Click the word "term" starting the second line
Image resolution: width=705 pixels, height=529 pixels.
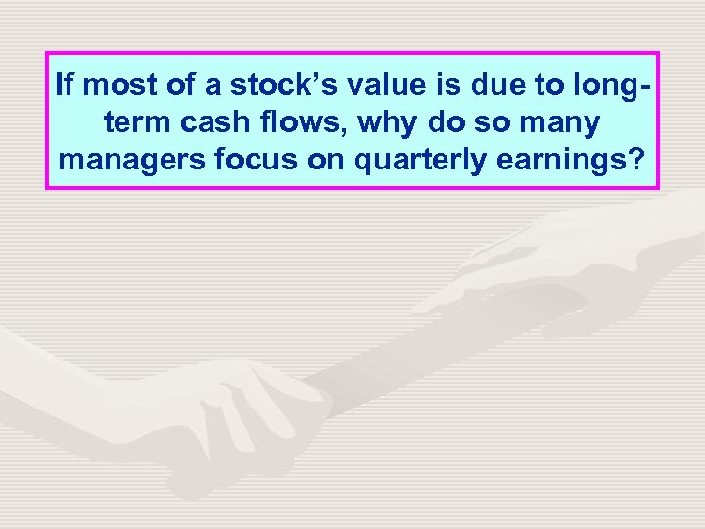coord(130,122)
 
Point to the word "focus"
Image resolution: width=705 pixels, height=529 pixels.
coord(255,160)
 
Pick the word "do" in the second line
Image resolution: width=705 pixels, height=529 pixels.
coord(449,122)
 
